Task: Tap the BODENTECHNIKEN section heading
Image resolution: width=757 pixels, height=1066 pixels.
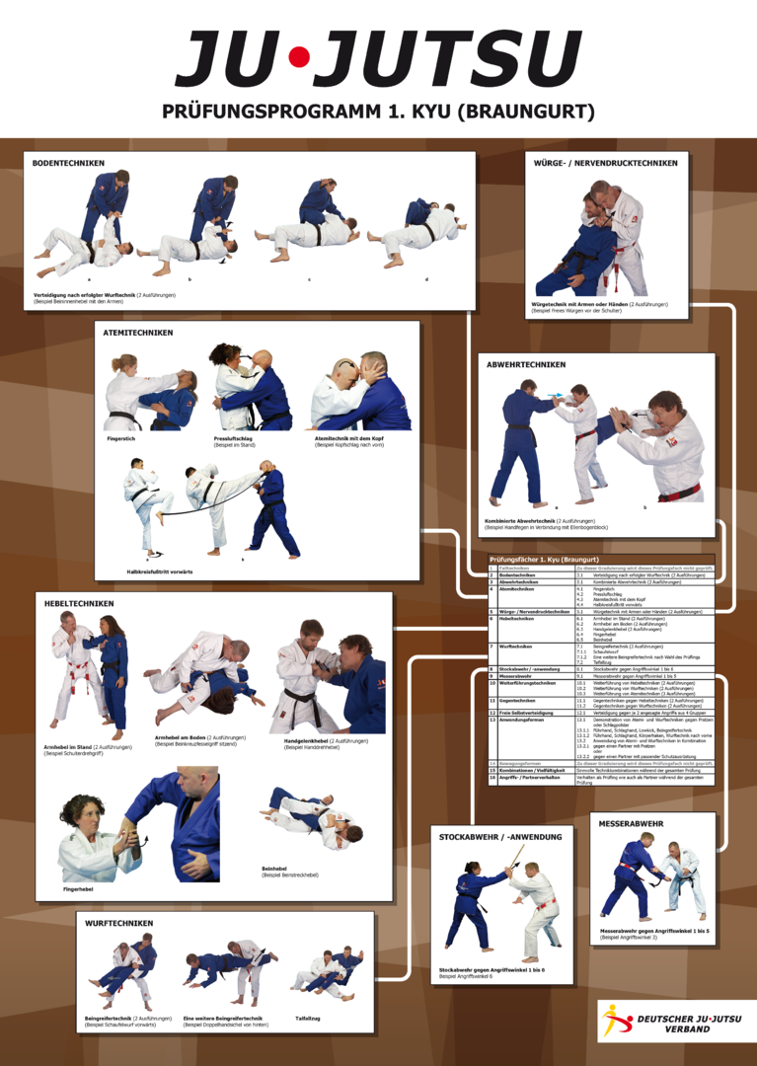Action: (68, 163)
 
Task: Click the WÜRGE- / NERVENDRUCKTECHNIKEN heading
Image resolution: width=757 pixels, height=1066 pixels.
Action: (605, 163)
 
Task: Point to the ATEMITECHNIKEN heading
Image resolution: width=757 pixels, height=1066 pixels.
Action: (138, 333)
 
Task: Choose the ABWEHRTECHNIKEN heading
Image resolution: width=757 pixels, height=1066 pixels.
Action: (526, 364)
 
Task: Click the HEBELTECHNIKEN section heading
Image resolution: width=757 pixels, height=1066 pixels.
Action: (79, 603)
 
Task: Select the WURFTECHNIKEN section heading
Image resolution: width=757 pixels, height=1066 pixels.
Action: (118, 923)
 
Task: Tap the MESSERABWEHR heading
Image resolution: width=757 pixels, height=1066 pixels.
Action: (631, 823)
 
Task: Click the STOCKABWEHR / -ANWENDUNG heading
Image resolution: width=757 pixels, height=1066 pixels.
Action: (499, 837)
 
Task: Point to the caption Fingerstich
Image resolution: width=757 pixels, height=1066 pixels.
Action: (121, 438)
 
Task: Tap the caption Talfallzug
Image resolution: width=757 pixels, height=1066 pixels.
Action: (309, 1018)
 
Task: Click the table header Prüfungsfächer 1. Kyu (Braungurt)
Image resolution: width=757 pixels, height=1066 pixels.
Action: (544, 560)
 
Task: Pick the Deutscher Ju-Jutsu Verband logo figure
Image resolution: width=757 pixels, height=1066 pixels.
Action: (618, 1020)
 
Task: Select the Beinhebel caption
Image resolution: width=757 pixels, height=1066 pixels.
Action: (275, 869)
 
